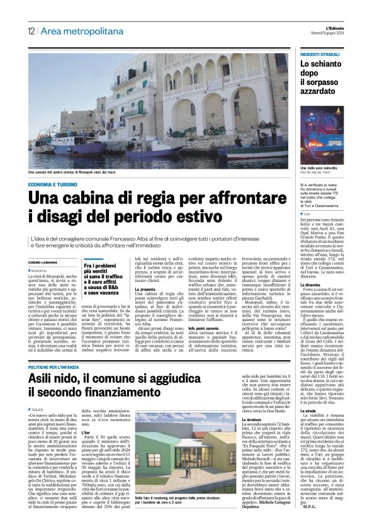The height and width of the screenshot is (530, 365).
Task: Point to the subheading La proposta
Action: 146,290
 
